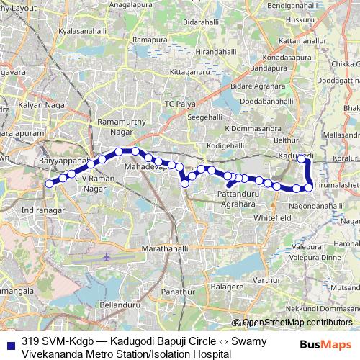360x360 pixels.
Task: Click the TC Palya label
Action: point(181,104)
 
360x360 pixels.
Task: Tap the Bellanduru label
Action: point(117,305)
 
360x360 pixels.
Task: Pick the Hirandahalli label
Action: point(210,53)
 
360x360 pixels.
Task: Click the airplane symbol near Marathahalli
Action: point(107,257)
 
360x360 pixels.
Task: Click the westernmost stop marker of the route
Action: point(49,184)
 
